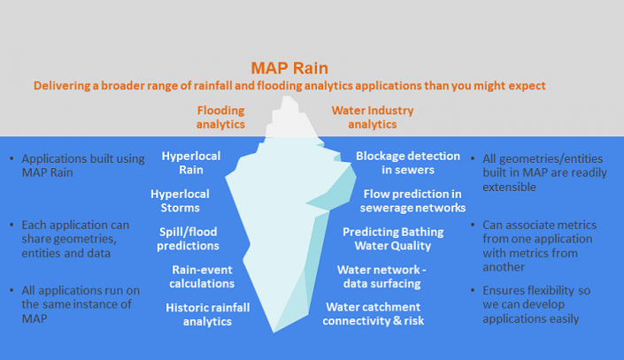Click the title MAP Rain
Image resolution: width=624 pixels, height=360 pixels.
[289, 67]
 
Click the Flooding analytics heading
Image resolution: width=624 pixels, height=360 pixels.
[220, 118]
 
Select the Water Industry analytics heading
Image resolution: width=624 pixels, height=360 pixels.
[372, 118]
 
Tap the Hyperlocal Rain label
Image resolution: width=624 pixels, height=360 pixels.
[190, 163]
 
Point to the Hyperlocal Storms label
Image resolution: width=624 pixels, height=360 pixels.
[180, 201]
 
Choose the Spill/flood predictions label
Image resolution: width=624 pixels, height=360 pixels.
[188, 239]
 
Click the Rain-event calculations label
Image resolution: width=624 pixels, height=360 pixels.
[203, 277]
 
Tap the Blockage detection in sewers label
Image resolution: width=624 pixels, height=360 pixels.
[408, 163]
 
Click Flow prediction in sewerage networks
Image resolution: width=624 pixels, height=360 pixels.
[412, 201]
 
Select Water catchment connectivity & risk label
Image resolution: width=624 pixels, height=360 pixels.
[387, 314]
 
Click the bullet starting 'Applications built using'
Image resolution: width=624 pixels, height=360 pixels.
[82, 165]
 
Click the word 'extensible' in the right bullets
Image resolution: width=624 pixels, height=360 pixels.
[510, 188]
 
